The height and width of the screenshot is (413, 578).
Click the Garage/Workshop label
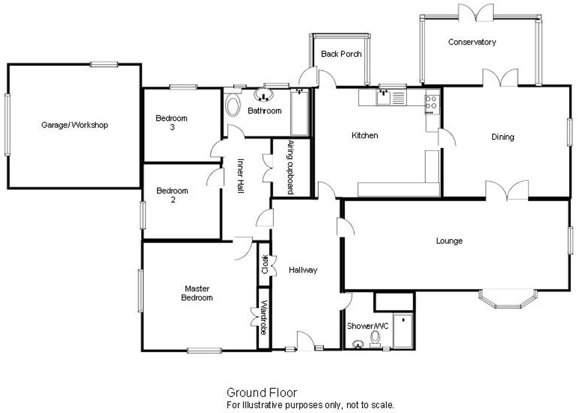tap(74, 125)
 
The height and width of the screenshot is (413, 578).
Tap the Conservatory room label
tap(472, 42)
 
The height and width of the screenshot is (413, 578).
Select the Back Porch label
tap(341, 54)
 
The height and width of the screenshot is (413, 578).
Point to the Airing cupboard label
tap(290, 167)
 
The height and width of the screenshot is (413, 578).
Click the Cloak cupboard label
tap(265, 264)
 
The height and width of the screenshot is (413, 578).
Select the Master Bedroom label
tap(197, 293)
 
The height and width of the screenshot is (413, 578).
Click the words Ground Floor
tap(262, 392)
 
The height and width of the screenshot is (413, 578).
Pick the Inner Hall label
tap(240, 175)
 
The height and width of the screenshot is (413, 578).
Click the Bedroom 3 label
tap(171, 122)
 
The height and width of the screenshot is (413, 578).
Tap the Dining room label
tap(502, 137)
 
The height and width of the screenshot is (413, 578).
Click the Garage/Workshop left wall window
tap(7, 125)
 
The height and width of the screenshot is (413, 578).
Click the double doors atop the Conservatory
tap(476, 13)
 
